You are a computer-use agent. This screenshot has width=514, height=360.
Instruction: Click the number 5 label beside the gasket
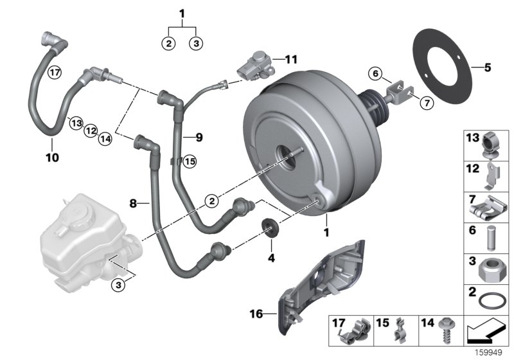coord(488,66)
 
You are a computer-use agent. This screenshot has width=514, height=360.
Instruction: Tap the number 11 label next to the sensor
coord(291,60)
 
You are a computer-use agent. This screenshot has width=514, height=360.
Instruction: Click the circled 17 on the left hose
coord(55,72)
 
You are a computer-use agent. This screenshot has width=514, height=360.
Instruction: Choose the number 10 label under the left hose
coord(52,157)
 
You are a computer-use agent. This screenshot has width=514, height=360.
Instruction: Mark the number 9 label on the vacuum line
coord(199,137)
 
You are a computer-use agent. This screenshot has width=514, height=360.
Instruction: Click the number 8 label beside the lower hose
coord(134,203)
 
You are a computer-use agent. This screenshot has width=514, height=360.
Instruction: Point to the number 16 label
coord(256,314)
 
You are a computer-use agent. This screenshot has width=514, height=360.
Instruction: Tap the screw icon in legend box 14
coord(442,334)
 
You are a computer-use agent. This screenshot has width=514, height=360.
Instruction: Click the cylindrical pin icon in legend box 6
coord(492,237)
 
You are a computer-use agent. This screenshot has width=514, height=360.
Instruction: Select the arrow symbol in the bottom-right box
coord(486,332)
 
